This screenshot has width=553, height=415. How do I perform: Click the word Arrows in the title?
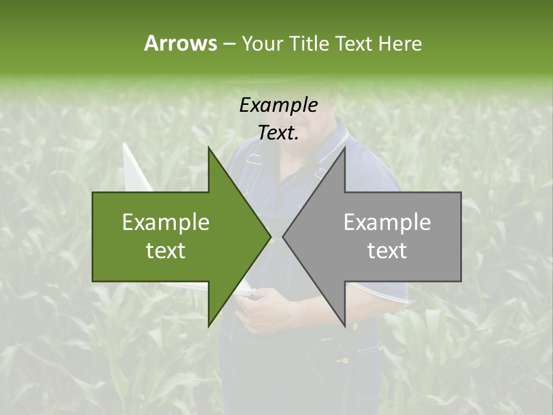[x=180, y=43]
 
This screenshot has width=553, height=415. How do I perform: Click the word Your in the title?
[x=263, y=43]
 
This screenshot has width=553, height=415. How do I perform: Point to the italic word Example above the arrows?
[x=278, y=105]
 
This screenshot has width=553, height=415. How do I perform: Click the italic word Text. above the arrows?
[x=278, y=133]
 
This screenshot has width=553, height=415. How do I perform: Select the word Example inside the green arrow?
[x=166, y=222]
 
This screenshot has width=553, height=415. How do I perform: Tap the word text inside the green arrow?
[x=166, y=250]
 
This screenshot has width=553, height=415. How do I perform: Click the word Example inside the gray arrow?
[x=387, y=222]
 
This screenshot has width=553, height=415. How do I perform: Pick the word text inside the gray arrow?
[x=387, y=250]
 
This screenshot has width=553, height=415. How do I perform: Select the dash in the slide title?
[x=229, y=44]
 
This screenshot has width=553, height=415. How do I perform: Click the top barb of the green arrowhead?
[x=209, y=149]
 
